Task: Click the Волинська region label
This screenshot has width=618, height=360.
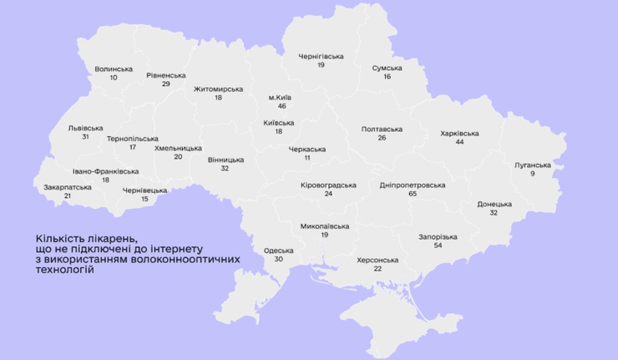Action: pos(114,69)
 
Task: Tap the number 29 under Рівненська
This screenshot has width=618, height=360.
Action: pos(165,84)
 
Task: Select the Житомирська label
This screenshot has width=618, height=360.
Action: pos(218,89)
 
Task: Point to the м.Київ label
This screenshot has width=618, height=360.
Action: pos(282,98)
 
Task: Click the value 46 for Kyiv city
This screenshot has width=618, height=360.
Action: pos(282,107)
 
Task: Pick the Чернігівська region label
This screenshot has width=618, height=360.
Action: pos(321,56)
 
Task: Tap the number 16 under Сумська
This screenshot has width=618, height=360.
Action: pos(387,77)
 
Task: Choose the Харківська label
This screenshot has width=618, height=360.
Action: pos(459,133)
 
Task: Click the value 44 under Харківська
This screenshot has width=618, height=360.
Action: pos(459,142)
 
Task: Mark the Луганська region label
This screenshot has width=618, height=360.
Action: pos(533,165)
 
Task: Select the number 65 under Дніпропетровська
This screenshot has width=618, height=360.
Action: pos(413,194)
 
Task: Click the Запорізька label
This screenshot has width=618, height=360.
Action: pos(438,236)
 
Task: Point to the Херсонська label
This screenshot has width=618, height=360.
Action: pos(377,260)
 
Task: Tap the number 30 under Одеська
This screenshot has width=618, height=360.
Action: pos(278,259)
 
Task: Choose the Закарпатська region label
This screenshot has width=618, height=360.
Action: pos(67,187)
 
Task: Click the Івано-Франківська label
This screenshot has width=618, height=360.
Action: pos(106,171)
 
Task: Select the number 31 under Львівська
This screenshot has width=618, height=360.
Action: pos(85,137)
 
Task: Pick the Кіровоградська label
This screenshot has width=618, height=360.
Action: pos(328,185)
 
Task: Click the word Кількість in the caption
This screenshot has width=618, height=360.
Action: pos(57,238)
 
